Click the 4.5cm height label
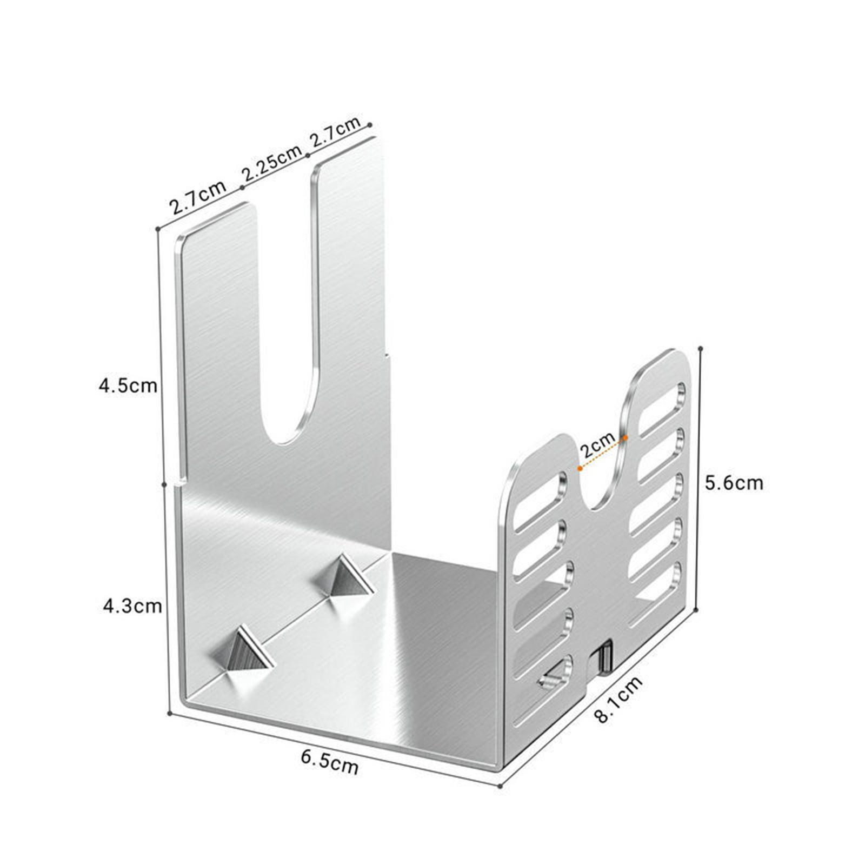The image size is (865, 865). click(128, 386)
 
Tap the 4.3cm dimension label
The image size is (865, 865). click(132, 606)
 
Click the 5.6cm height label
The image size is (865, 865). click(734, 483)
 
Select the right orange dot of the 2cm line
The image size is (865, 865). click(626, 437)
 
